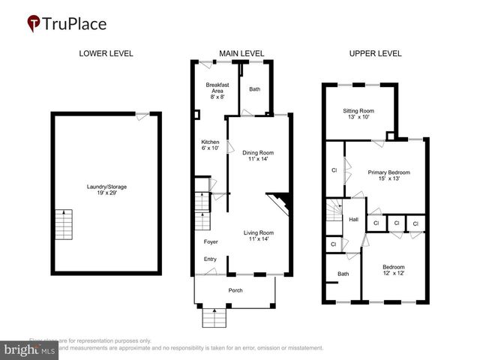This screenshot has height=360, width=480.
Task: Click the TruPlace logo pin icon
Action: pos(34,24)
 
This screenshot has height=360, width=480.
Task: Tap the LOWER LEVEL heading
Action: pos(106,53)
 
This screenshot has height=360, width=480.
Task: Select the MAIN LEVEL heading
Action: pos(241,53)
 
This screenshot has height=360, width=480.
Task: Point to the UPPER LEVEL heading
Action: pos(376,53)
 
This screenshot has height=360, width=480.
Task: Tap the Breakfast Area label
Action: pos(217,91)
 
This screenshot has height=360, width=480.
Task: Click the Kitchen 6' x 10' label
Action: pos(210,145)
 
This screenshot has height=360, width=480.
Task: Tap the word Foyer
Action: pos(211,241)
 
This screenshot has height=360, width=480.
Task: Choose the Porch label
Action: pos(235,290)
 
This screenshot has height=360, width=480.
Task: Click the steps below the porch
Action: pos(214,319)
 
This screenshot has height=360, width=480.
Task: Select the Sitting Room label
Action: pos(358,114)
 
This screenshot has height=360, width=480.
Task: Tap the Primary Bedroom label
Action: pos(388,175)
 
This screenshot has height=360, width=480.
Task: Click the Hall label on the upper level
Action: pos(354,220)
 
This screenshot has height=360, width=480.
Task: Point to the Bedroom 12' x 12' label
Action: pos(394,271)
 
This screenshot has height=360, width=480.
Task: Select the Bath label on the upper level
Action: pos(343,274)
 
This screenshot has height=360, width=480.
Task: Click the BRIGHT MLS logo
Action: pos(31,349)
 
